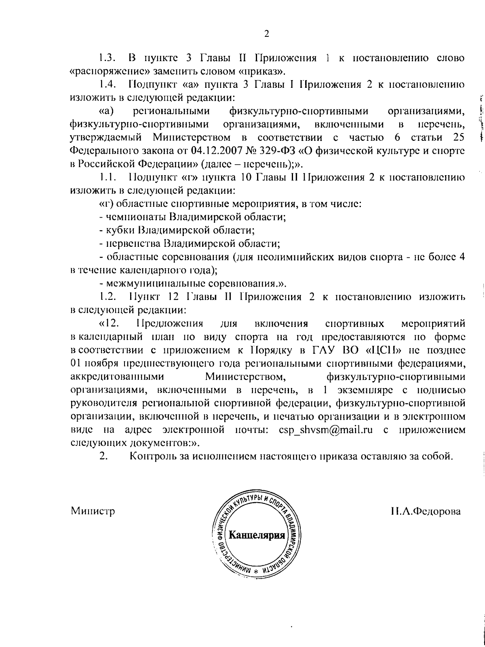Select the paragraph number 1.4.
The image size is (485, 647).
tap(108, 85)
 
